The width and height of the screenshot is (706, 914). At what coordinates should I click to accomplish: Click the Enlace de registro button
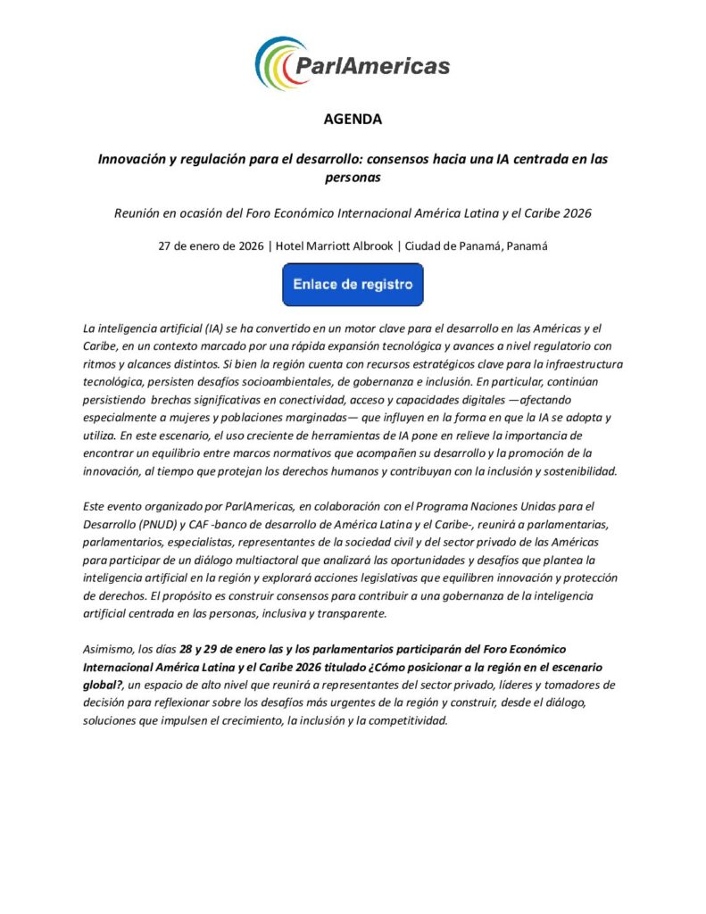coord(353,285)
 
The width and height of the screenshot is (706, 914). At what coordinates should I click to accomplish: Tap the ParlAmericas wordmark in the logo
coord(373,66)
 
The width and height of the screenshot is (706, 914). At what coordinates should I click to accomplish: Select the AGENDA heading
coord(353,119)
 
